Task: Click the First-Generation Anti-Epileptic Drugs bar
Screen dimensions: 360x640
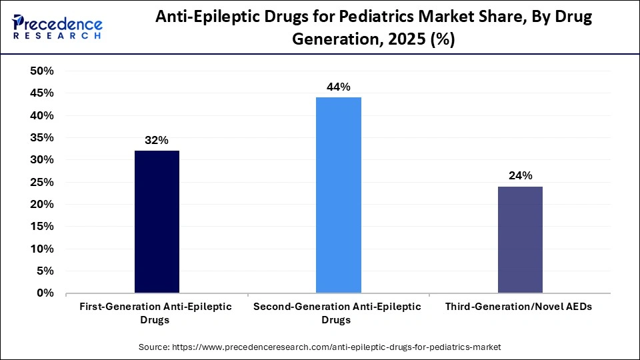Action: pyautogui.click(x=157, y=222)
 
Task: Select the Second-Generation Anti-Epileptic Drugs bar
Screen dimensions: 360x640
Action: pyautogui.click(x=338, y=195)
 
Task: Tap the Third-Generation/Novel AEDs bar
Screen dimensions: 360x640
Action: pyautogui.click(x=520, y=240)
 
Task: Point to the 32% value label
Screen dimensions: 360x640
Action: pyautogui.click(x=157, y=141)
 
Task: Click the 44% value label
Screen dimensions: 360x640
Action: pyautogui.click(x=338, y=87)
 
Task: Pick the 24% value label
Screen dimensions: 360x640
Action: pyautogui.click(x=520, y=176)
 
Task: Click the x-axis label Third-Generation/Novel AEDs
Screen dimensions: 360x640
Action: pyautogui.click(x=520, y=307)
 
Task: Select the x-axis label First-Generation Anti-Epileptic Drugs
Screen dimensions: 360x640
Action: pyautogui.click(x=157, y=313)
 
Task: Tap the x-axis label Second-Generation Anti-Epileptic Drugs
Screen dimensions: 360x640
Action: pyautogui.click(x=338, y=313)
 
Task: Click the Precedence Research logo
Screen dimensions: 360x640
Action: pyautogui.click(x=57, y=27)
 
